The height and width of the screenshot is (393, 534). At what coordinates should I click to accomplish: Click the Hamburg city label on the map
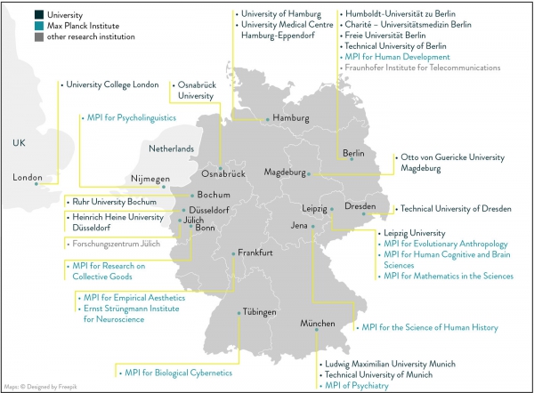click(x=290, y=118)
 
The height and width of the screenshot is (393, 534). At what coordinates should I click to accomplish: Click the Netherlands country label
click(x=171, y=148)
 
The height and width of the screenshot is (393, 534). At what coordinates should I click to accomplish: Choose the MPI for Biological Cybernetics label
click(x=178, y=373)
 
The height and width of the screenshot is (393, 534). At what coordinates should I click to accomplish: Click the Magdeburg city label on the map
click(x=285, y=172)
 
